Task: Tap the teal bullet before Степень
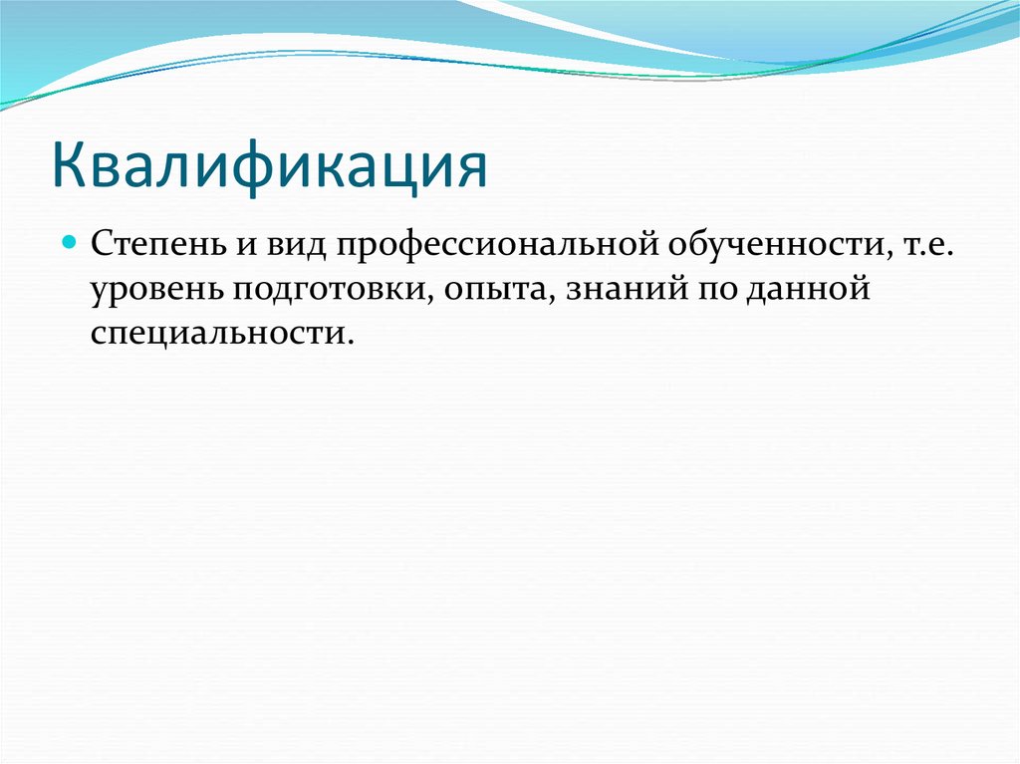70,244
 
